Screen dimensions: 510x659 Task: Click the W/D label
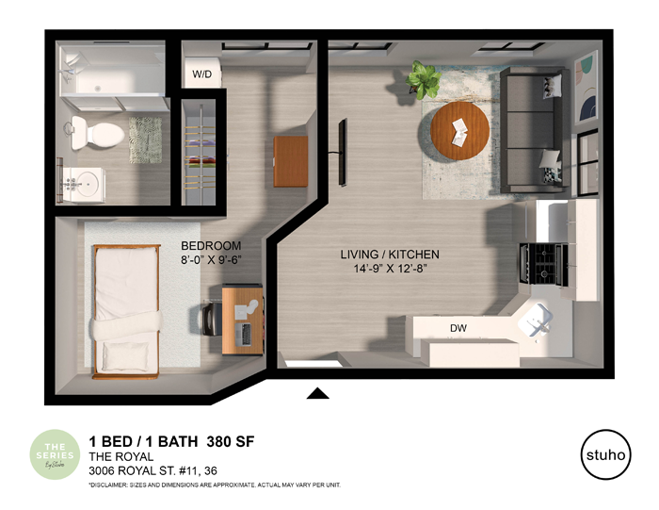pyautogui.click(x=202, y=74)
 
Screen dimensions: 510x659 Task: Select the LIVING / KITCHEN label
pyautogui.click(x=390, y=255)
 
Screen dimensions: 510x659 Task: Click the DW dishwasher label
pyautogui.click(x=458, y=328)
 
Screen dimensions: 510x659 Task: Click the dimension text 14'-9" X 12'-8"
pyautogui.click(x=390, y=270)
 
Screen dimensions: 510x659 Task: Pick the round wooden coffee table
pyautogui.click(x=460, y=132)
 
